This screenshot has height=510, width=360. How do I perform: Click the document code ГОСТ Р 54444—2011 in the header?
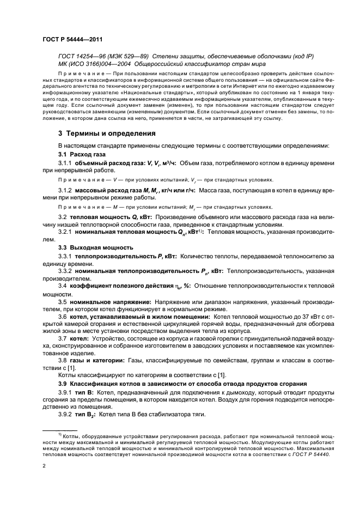pyautogui.click(x=73, y=40)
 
